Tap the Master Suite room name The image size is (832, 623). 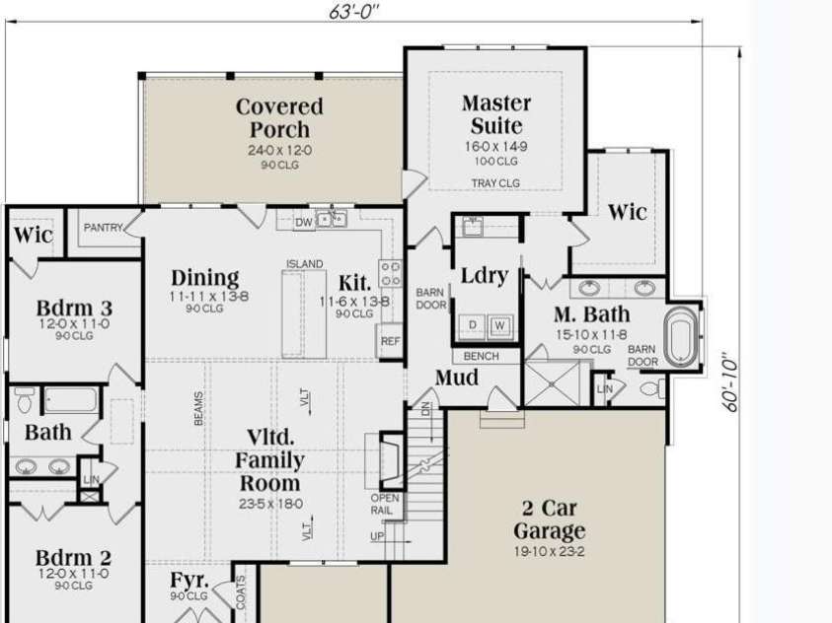pos(496,114)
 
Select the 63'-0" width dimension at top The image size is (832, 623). pos(354,12)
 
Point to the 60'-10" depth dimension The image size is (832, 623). pos(731,381)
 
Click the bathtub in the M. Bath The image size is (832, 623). pos(681,338)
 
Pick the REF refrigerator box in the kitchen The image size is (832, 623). pos(390,341)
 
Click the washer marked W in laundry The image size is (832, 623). pos(499,325)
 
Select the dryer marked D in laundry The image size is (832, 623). pos(474,325)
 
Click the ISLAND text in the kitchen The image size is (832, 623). pos(305,264)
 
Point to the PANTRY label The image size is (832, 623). pos(103,228)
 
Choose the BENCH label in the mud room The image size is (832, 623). pos(481,356)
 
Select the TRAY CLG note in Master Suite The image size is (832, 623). pos(495,183)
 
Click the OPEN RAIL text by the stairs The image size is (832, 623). pos(384,504)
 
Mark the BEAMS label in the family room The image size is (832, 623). pos(198,409)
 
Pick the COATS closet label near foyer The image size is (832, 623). pos(241,592)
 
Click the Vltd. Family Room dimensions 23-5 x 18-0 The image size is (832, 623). pos(269,504)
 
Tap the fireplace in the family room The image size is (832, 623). pos(390,459)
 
